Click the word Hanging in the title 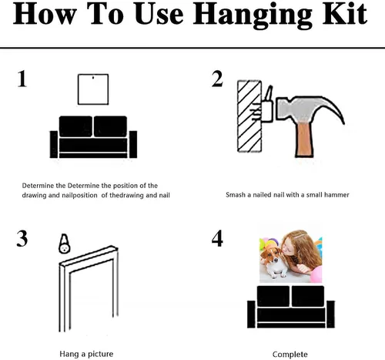(x=253, y=15)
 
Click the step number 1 (x=22, y=79)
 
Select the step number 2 (x=217, y=79)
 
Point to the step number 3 (x=22, y=239)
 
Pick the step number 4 (x=217, y=239)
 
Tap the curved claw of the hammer (x=333, y=108)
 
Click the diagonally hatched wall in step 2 (x=249, y=116)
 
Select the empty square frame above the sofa (x=79, y=89)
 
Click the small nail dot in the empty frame (x=93, y=77)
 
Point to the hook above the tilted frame (x=65, y=244)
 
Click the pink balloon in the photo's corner (x=316, y=274)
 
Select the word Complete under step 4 (x=290, y=355)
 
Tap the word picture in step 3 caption (x=100, y=354)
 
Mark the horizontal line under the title (x=192, y=48)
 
